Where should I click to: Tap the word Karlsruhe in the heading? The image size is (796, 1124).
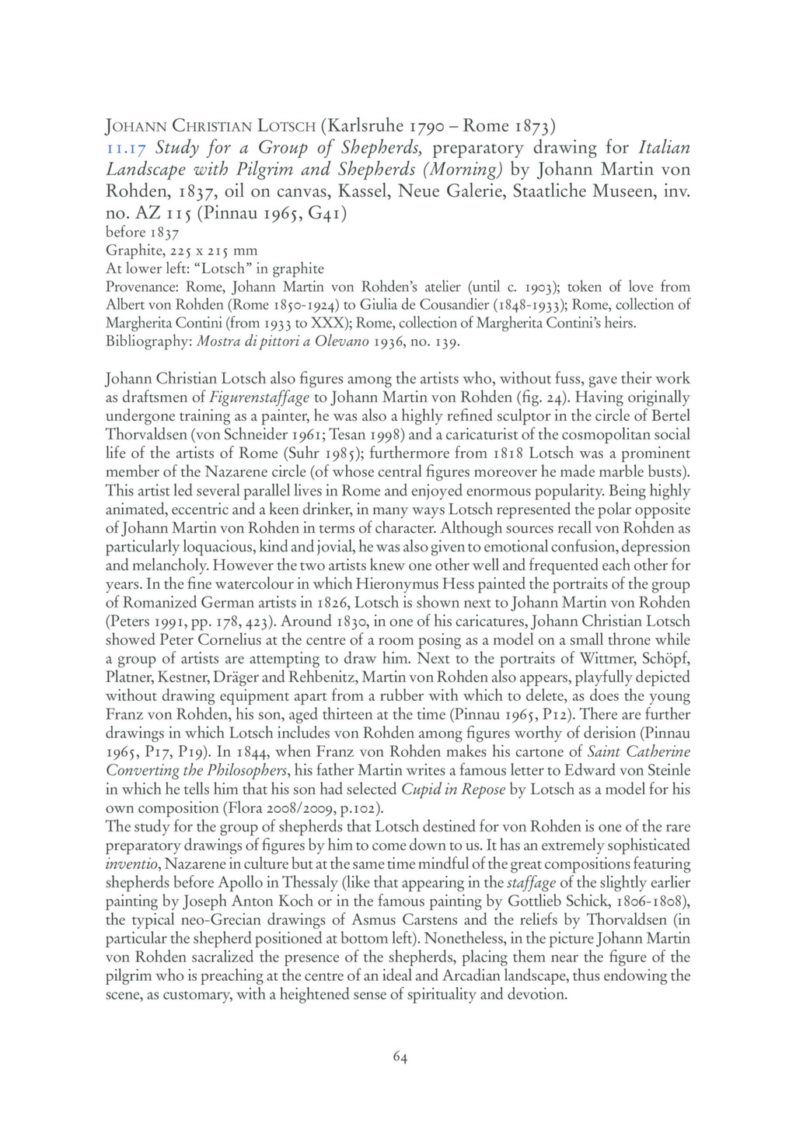[x=368, y=125]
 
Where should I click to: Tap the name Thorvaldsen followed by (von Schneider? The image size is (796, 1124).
[x=145, y=434]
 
